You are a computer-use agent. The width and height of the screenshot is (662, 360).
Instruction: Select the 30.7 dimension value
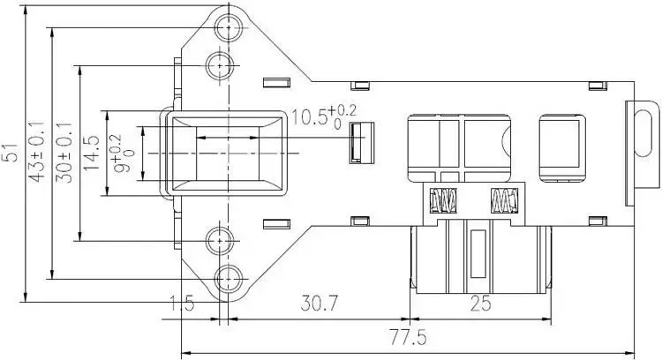[x=320, y=304]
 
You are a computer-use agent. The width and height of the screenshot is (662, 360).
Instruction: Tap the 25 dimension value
[x=480, y=304]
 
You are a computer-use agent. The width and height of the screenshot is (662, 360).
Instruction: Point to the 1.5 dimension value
[x=180, y=305]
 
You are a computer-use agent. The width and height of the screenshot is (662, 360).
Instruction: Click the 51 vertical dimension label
[x=11, y=152]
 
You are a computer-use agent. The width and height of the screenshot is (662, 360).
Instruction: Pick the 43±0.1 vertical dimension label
[x=37, y=151]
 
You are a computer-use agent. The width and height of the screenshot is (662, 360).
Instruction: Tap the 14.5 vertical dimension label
[x=89, y=152]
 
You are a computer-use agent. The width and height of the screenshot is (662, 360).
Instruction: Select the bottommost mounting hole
[x=228, y=276]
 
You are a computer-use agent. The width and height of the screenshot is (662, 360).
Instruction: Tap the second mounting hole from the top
[x=220, y=64]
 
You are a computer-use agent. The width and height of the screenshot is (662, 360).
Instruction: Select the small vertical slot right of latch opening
[x=357, y=143]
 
